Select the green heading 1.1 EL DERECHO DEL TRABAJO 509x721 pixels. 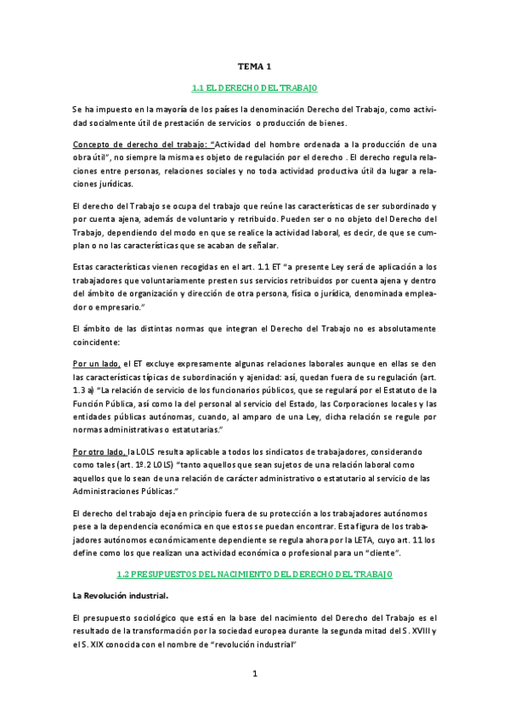(x=254, y=88)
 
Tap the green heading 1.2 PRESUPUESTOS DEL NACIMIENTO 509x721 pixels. (x=254, y=576)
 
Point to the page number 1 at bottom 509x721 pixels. (x=254, y=674)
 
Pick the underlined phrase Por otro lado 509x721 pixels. (x=100, y=451)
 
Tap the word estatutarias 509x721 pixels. (x=198, y=431)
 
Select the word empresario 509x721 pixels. (x=116, y=306)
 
